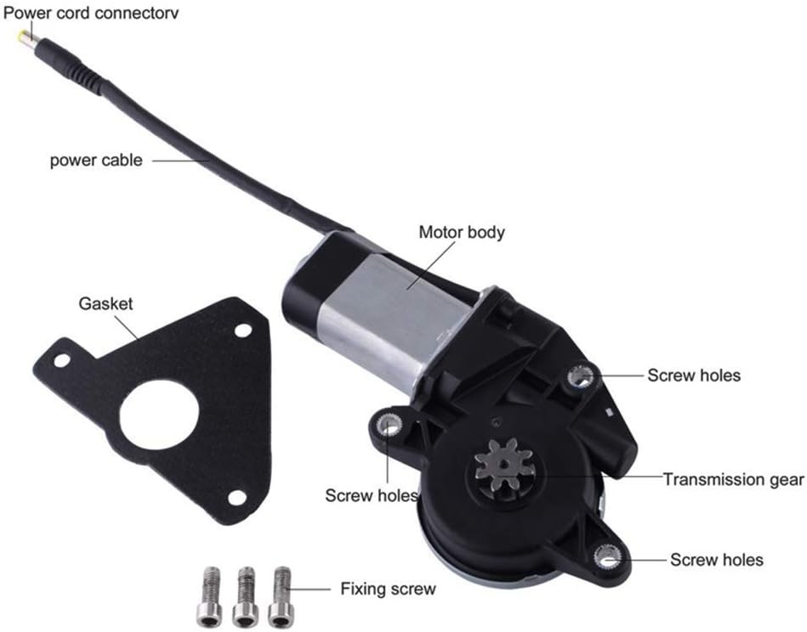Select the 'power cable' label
pos(95,159)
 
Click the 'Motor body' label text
pos(462,232)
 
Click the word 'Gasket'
pos(105,303)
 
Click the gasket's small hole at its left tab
pos(61,361)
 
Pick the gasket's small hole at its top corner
pos(243,330)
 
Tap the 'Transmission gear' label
pos(733,479)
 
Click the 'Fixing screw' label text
pos(388,588)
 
